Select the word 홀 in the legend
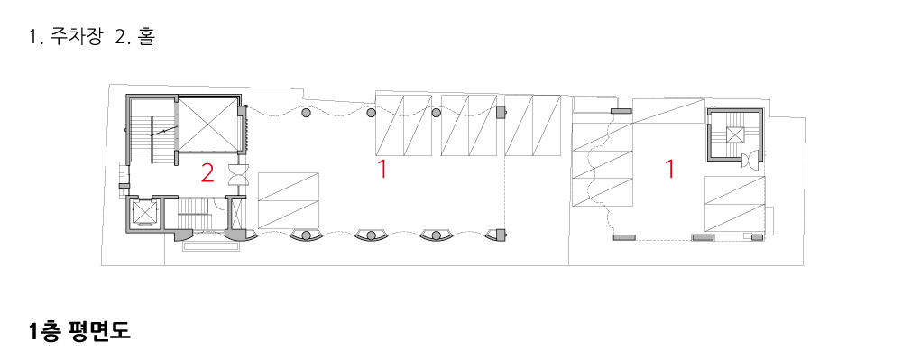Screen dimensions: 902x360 click(x=146, y=37)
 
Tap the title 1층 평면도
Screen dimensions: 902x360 click(x=79, y=331)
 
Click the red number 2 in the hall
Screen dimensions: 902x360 click(x=207, y=173)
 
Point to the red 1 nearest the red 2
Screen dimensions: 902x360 click(x=382, y=170)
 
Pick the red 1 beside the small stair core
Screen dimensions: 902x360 click(x=669, y=170)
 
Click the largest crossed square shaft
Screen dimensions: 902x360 click(x=207, y=125)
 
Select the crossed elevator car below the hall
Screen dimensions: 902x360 click(x=143, y=213)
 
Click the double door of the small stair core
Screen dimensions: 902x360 click(x=750, y=161)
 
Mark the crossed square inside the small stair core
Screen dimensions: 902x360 click(x=735, y=134)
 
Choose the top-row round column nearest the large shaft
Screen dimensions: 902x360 click(x=307, y=114)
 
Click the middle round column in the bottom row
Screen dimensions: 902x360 click(x=371, y=235)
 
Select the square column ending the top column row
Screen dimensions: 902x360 click(x=501, y=112)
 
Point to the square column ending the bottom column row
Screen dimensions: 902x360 click(x=501, y=235)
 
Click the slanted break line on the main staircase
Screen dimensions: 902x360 click(x=164, y=132)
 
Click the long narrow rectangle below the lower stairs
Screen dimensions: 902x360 click(x=210, y=246)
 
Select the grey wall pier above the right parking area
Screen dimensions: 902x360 click(x=621, y=111)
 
